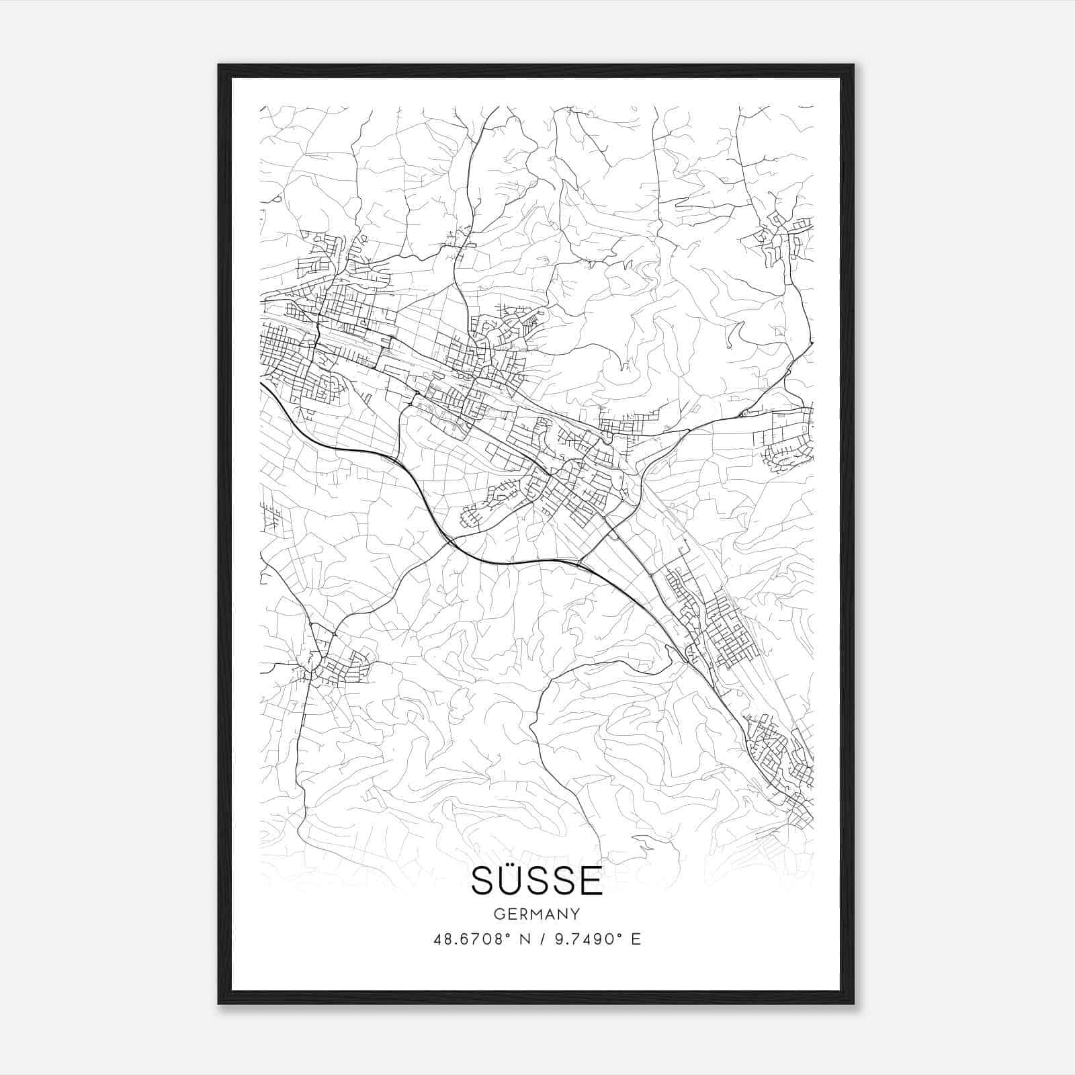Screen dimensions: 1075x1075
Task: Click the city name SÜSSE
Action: [x=537, y=881]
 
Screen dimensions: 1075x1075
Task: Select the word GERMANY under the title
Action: [x=537, y=914]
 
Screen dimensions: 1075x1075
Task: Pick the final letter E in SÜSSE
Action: [x=591, y=881]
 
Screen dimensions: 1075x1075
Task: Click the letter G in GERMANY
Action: [x=498, y=914]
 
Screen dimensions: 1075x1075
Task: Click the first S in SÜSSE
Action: [x=483, y=881]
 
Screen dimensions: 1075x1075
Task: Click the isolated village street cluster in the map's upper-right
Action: [x=779, y=235]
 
